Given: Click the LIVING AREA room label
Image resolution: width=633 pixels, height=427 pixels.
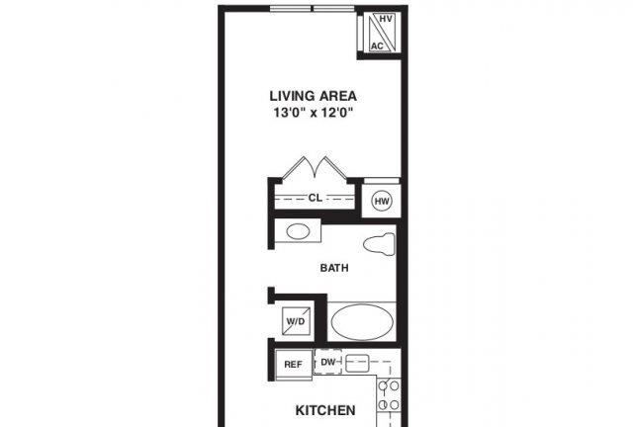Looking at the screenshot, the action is (x=313, y=96).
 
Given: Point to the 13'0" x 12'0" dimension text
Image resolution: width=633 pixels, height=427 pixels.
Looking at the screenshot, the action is (x=314, y=113).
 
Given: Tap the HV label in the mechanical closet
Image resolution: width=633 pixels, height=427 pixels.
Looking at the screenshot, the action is (x=386, y=19).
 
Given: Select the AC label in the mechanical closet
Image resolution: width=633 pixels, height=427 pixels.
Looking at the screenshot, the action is (x=377, y=46).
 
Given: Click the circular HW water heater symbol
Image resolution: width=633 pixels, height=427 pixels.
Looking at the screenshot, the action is (x=382, y=201).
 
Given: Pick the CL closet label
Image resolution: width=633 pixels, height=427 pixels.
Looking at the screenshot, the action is (x=316, y=198).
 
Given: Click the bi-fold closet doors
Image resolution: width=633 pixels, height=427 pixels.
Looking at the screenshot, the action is (x=315, y=167).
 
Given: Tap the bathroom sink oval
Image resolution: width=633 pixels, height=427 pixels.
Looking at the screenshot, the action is (x=298, y=231).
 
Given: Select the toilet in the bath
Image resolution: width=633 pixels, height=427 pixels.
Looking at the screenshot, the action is (x=379, y=244).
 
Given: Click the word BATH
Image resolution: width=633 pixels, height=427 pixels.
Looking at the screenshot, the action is (x=334, y=268).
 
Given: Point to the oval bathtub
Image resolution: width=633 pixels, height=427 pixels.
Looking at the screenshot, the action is (x=362, y=321).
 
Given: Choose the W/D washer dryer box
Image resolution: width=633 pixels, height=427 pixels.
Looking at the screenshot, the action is (x=296, y=321).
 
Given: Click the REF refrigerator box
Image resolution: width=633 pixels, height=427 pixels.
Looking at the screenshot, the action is (x=294, y=364).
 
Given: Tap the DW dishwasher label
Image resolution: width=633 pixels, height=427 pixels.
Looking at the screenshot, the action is (x=327, y=362).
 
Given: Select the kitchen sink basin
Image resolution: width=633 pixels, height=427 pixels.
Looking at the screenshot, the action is (x=358, y=363).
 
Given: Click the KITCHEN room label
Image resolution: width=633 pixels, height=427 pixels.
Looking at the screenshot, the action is (x=325, y=410).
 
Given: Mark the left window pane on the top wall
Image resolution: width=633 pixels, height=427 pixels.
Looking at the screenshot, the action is (x=291, y=9).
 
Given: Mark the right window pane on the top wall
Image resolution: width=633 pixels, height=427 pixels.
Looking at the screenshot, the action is (x=334, y=9).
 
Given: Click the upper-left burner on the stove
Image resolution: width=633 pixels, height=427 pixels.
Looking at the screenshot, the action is (x=383, y=385).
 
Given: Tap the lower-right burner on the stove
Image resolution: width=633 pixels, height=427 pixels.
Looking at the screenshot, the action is (x=395, y=404).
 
